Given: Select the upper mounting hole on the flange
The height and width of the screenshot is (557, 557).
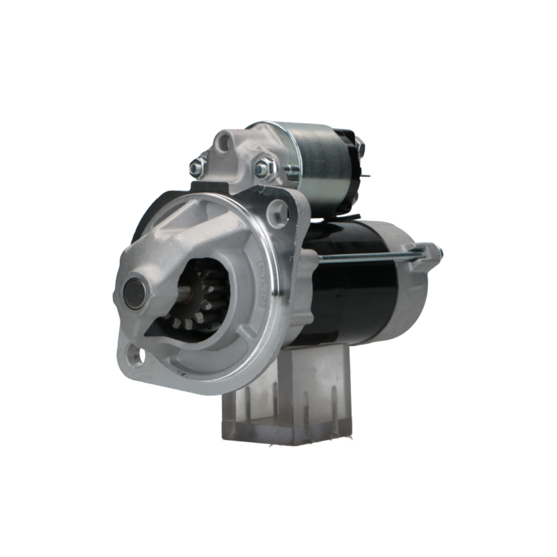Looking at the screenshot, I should [277, 213].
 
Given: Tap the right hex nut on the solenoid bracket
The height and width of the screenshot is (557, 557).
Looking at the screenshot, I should [264, 167].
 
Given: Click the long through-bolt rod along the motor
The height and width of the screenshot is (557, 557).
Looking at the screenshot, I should [368, 257].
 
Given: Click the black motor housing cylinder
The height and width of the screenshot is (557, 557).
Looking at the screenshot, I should [356, 290].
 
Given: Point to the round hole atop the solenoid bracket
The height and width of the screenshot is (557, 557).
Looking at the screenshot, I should [224, 143].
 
